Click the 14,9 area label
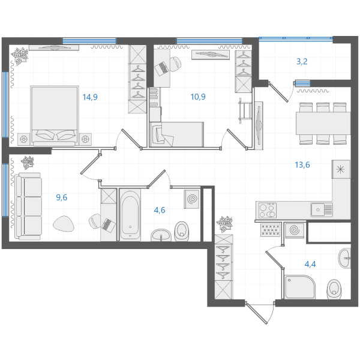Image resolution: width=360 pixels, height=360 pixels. click(90, 97)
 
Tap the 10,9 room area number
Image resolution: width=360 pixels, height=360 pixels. click(198, 97)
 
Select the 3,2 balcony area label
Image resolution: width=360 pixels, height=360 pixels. click(302, 62)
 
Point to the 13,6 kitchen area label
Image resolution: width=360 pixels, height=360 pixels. click(302, 165)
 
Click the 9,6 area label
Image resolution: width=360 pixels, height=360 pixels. click(62, 197)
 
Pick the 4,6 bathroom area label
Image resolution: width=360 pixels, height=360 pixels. click(160, 210)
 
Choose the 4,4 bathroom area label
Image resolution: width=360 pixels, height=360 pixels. click(310, 264)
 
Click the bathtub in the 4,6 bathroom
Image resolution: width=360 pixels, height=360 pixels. click(130, 215)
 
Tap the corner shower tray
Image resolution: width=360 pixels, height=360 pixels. click(300, 287)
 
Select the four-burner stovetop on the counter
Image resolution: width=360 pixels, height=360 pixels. click(267, 211)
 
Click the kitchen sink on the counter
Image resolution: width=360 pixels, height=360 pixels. click(322, 209)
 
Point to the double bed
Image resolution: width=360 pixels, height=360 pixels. click(55, 116)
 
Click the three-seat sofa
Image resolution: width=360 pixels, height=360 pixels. click(28, 206)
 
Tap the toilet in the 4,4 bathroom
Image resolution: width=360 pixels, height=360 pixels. click(334, 289)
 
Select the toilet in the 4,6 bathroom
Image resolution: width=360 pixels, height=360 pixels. click(182, 231)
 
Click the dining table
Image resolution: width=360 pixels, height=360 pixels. click(323, 123)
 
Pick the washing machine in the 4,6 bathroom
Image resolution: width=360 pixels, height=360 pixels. click(191, 199)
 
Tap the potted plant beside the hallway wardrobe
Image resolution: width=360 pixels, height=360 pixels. click(224, 224)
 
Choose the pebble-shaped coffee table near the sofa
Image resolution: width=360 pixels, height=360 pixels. click(64, 223)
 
